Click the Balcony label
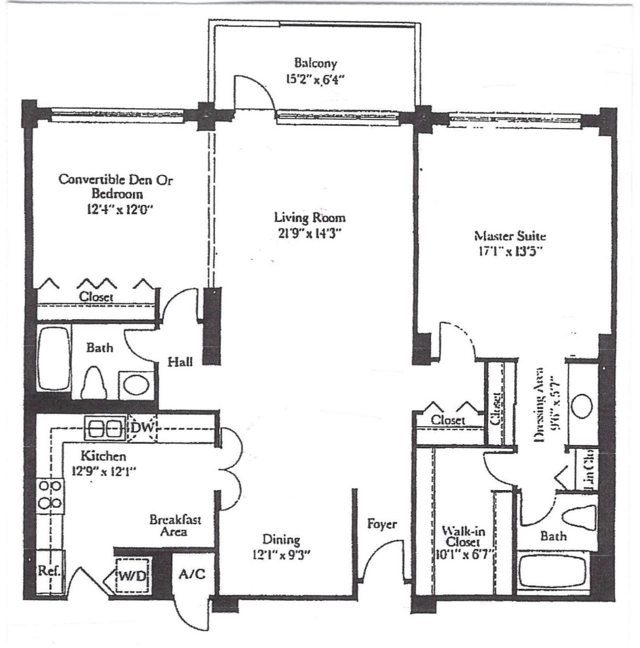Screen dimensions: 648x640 315,63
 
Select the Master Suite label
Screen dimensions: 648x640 509,235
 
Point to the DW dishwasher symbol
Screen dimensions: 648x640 143,428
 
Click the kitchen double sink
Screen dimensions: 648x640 105,428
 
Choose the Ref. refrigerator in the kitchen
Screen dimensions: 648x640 49,572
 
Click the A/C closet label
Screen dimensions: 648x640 192,574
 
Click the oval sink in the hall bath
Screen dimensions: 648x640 136,385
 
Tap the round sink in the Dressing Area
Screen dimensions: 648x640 582,405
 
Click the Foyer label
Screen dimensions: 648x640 382,524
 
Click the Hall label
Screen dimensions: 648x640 180,361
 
